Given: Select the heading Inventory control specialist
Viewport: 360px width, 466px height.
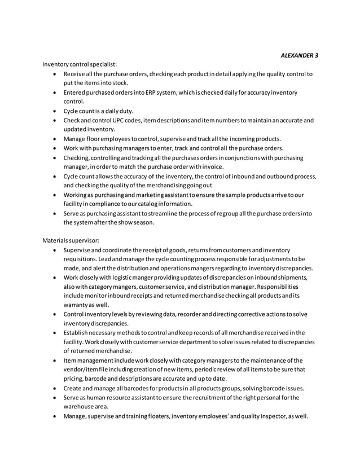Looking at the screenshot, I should (80, 65).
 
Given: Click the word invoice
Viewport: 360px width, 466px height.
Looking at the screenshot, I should (212, 166).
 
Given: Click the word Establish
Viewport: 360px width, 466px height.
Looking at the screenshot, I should (78, 332).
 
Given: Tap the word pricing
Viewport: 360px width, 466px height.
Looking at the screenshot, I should (73, 379).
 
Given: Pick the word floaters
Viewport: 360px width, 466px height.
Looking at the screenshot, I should (154, 416).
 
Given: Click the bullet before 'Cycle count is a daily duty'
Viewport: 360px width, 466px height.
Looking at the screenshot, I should (54, 111).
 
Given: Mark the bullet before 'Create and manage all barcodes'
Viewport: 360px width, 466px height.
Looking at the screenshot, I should (54, 388).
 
